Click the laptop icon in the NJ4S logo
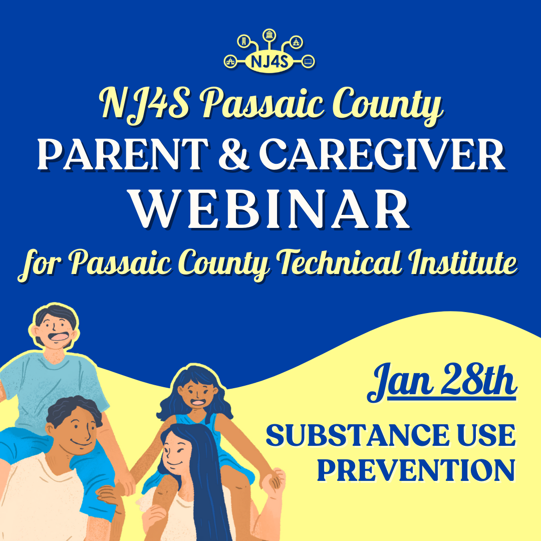[x=308, y=62]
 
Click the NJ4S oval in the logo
[x=269, y=63]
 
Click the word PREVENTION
[x=416, y=471]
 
